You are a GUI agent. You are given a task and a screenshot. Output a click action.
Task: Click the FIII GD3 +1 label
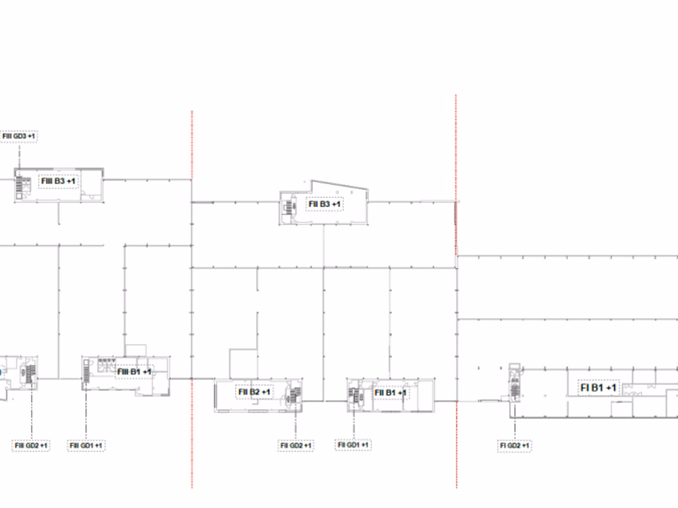[x=19, y=136]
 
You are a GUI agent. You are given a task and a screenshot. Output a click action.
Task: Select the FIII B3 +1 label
[x=58, y=181]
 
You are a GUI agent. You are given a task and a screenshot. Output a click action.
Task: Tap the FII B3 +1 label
[x=324, y=204]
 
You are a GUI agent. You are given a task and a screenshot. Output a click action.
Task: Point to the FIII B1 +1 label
[x=134, y=372]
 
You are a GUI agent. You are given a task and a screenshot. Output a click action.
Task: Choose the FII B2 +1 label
[x=254, y=392]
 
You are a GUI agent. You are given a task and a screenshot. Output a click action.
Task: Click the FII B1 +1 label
[x=390, y=393]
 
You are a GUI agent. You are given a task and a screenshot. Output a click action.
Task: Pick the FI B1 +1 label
[x=598, y=388]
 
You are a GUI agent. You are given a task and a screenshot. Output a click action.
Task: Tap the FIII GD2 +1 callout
[x=30, y=445]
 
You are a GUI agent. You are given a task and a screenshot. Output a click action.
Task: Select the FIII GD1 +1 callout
[x=86, y=445]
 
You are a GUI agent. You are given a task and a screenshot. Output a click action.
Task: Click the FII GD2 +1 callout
[x=296, y=445]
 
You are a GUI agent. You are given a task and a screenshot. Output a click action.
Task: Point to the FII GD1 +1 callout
[x=353, y=444]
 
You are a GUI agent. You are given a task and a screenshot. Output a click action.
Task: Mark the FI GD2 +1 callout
[x=514, y=445]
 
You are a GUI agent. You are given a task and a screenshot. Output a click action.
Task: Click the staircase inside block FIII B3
[x=19, y=184]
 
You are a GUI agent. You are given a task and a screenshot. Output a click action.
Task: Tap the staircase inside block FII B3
[x=289, y=207]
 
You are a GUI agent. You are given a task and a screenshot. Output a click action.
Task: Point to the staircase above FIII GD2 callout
[x=31, y=374]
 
